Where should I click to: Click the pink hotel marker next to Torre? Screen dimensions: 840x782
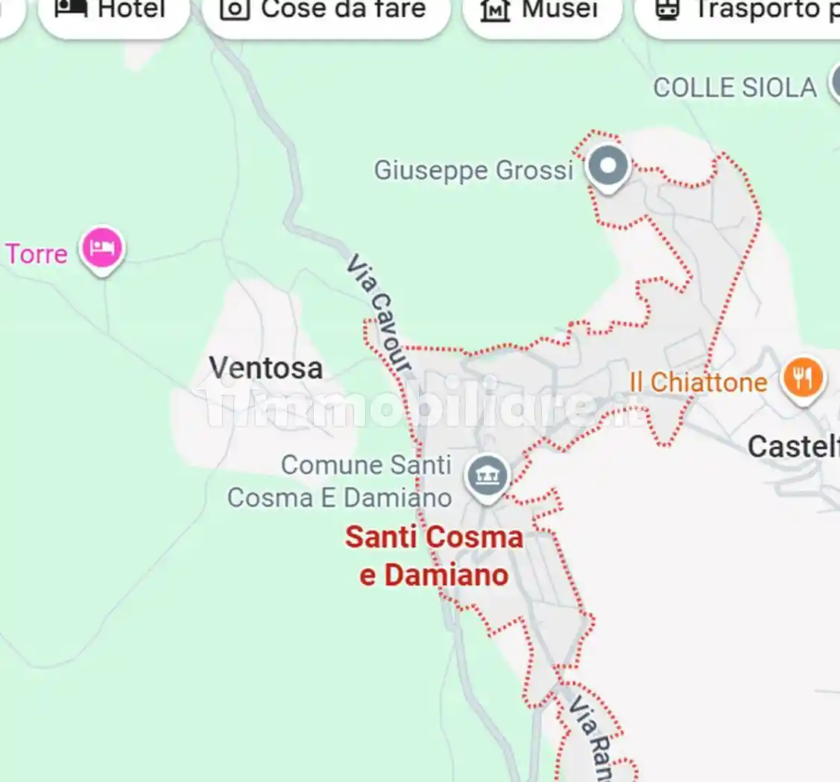coord(102,248)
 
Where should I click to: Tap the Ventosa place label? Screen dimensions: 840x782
coord(266,368)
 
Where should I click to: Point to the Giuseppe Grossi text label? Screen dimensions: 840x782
coord(473,171)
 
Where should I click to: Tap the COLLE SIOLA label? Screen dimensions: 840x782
coord(735,88)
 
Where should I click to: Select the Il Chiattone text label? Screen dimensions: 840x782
coord(698,383)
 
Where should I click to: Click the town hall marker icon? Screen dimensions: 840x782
coord(487,476)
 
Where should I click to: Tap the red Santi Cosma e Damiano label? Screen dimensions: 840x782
coord(435,556)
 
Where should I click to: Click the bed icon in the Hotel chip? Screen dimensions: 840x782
coord(72,9)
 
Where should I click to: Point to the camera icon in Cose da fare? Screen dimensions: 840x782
coord(235,9)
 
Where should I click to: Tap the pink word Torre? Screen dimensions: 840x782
coord(37,254)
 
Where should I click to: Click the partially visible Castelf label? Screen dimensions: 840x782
coord(793,447)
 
